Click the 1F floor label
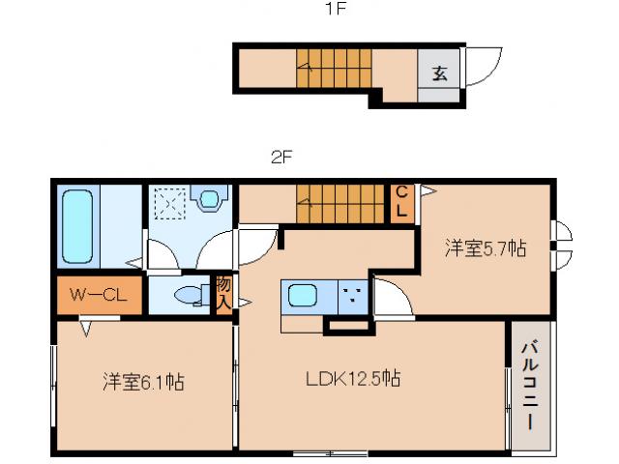point(335,12)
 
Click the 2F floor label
point(281,156)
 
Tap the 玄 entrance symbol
point(440,73)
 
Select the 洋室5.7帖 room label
point(486,248)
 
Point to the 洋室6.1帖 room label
point(143,382)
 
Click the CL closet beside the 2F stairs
point(401,202)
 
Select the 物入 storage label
point(223,293)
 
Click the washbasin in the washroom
point(208,200)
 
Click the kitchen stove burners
point(350,296)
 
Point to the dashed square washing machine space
point(168,204)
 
